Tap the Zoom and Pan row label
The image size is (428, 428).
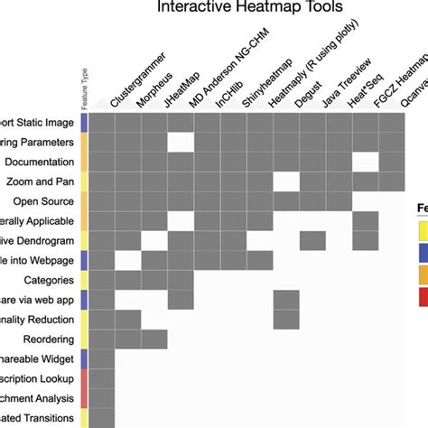(40, 181)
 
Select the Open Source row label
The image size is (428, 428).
(44, 201)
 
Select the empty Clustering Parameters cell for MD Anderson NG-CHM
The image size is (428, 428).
(181, 142)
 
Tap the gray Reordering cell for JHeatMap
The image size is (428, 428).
(154, 339)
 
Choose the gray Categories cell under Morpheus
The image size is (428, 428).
(128, 281)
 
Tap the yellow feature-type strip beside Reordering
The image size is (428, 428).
(84, 339)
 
